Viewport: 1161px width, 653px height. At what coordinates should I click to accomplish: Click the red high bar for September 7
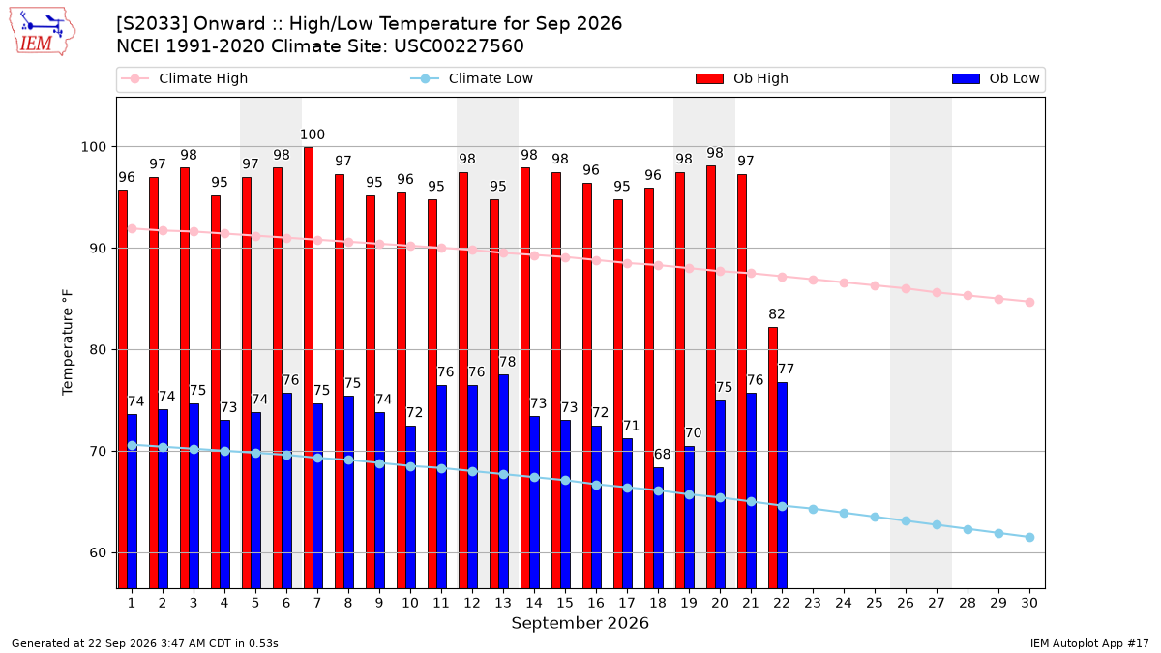pos(309,368)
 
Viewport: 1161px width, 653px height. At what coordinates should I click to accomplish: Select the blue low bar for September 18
pos(658,528)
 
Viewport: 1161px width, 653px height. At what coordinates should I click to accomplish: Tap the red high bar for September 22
pos(773,459)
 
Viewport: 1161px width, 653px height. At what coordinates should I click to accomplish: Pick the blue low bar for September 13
pos(503,482)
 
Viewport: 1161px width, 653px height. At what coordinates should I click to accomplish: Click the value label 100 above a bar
pos(313,134)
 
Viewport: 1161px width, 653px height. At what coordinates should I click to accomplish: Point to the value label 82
pos(776,314)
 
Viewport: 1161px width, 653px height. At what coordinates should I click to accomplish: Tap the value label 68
pos(662,454)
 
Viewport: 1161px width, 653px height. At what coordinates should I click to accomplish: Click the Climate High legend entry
pos(185,78)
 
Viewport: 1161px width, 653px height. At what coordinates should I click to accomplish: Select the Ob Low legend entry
pos(996,78)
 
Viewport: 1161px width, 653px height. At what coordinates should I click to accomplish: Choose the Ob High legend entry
pos(742,78)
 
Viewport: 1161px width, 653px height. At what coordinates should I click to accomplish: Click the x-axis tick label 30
pos(1029,603)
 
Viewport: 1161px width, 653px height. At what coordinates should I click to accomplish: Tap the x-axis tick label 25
pos(875,603)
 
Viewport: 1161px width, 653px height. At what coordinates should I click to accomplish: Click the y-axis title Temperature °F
pos(68,342)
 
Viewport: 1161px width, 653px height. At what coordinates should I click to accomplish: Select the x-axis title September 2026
pos(580,623)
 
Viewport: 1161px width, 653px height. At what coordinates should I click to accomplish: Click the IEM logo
pos(42,32)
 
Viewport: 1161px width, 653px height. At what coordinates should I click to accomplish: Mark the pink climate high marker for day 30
pos(1029,302)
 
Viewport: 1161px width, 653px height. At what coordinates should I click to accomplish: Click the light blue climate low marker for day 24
pos(844,513)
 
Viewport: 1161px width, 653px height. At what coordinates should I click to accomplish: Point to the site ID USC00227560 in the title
pos(459,46)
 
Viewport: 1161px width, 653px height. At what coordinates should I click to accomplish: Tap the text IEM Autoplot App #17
pos(1089,643)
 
